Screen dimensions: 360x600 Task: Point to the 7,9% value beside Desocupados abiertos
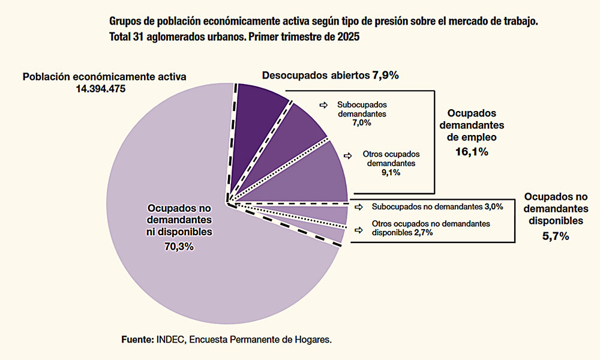click(x=386, y=76)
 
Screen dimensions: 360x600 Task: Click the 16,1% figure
click(x=471, y=152)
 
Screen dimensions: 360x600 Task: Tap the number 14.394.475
click(x=104, y=88)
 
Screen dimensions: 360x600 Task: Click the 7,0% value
click(x=362, y=122)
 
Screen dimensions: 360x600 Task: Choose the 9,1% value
click(x=390, y=172)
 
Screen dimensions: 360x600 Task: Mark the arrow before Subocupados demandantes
click(x=323, y=105)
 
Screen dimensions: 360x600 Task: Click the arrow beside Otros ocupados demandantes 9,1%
click(x=349, y=155)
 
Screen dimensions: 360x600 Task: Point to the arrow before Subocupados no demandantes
click(x=359, y=207)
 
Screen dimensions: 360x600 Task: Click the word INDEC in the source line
click(x=172, y=340)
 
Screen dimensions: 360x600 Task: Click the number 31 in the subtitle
click(x=139, y=37)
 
